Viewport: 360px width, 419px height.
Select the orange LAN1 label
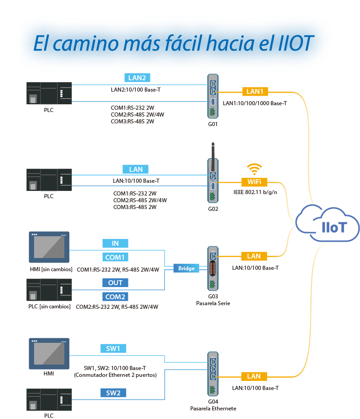(x=255, y=92)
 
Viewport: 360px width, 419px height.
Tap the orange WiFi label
(x=254, y=182)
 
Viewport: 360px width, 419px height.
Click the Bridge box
(x=186, y=268)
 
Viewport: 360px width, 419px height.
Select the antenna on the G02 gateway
(x=213, y=150)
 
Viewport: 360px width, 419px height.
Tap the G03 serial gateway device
(x=213, y=268)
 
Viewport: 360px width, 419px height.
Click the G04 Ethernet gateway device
(x=213, y=374)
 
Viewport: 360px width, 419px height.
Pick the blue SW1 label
(x=113, y=348)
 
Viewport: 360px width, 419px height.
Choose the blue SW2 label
(x=113, y=393)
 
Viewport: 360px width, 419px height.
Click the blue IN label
(x=115, y=244)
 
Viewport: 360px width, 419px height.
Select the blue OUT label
(x=115, y=283)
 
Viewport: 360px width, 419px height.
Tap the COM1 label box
(x=115, y=257)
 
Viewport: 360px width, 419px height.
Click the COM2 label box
(x=115, y=297)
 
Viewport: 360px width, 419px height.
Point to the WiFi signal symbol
(x=254, y=169)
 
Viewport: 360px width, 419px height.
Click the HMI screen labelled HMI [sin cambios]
(x=49, y=247)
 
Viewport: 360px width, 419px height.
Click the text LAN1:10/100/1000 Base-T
(x=255, y=103)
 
